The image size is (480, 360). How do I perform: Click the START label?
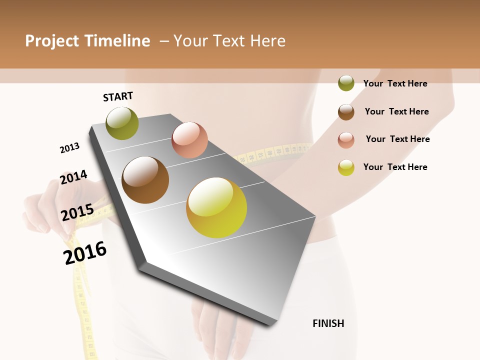tap(118, 96)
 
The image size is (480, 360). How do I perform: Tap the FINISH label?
tap(328, 323)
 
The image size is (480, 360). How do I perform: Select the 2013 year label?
tap(69, 148)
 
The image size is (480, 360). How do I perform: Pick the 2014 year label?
tap(73, 177)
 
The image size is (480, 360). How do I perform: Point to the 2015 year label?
tap(77, 212)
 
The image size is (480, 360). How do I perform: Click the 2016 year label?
tap(85, 252)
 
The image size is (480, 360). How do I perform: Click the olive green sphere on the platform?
tap(122, 123)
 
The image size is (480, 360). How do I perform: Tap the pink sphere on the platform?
tap(189, 139)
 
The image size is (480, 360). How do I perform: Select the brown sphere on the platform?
tap(145, 180)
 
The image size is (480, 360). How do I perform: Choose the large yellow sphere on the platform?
tap(216, 207)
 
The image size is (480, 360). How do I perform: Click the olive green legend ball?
tap(346, 83)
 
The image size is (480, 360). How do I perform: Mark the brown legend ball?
tap(346, 111)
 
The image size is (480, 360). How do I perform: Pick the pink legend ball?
tap(346, 139)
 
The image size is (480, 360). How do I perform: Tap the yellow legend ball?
tap(346, 167)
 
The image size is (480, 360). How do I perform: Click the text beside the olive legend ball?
tap(395, 83)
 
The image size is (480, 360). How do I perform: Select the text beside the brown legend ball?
tap(396, 111)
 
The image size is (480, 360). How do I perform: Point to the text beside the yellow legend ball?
tap(395, 167)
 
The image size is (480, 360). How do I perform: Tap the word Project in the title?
tap(51, 41)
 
